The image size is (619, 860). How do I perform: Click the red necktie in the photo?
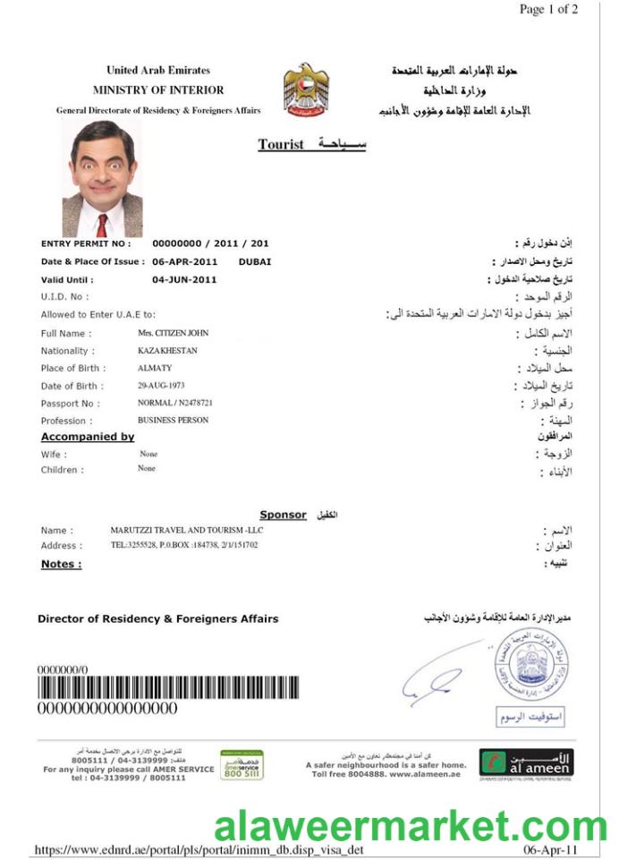(102, 225)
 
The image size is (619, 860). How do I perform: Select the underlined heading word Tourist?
(281, 144)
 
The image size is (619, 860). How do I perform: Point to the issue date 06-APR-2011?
(185, 261)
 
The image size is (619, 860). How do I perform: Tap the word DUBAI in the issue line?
(255, 261)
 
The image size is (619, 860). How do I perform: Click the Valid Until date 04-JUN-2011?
(184, 279)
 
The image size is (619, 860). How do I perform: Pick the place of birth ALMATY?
(155, 368)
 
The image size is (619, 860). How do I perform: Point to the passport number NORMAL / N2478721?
(174, 403)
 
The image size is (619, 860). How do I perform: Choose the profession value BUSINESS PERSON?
(173, 420)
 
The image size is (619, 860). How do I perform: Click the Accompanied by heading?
(88, 437)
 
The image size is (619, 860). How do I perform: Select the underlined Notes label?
(61, 564)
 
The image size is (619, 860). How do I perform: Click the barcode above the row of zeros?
(167, 688)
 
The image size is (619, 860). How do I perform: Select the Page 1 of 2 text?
(548, 10)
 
